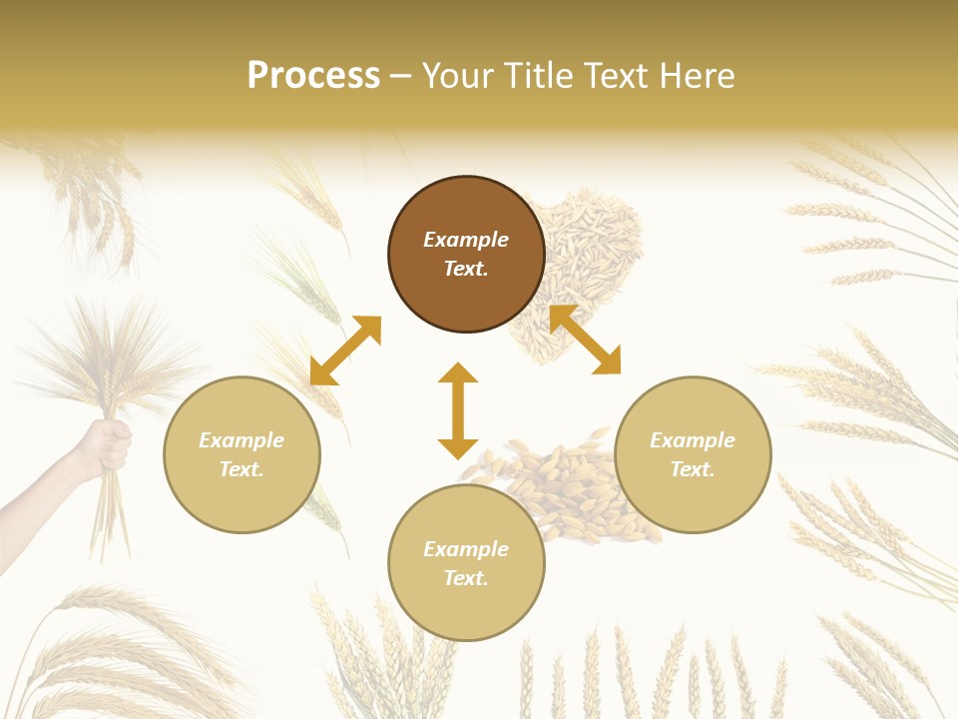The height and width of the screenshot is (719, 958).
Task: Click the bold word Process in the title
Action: coord(313,76)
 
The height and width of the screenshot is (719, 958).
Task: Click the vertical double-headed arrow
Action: coord(458,410)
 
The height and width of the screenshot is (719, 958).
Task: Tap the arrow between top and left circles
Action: coord(345,351)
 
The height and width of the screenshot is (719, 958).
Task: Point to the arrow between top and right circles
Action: coord(585,340)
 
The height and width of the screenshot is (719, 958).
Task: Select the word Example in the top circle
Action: coord(466,240)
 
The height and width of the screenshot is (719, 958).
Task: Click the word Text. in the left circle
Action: coord(241,469)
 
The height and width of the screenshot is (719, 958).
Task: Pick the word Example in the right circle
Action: coord(693,440)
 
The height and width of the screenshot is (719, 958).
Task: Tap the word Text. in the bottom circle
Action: coord(466,578)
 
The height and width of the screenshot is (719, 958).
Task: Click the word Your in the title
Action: coord(456,76)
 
